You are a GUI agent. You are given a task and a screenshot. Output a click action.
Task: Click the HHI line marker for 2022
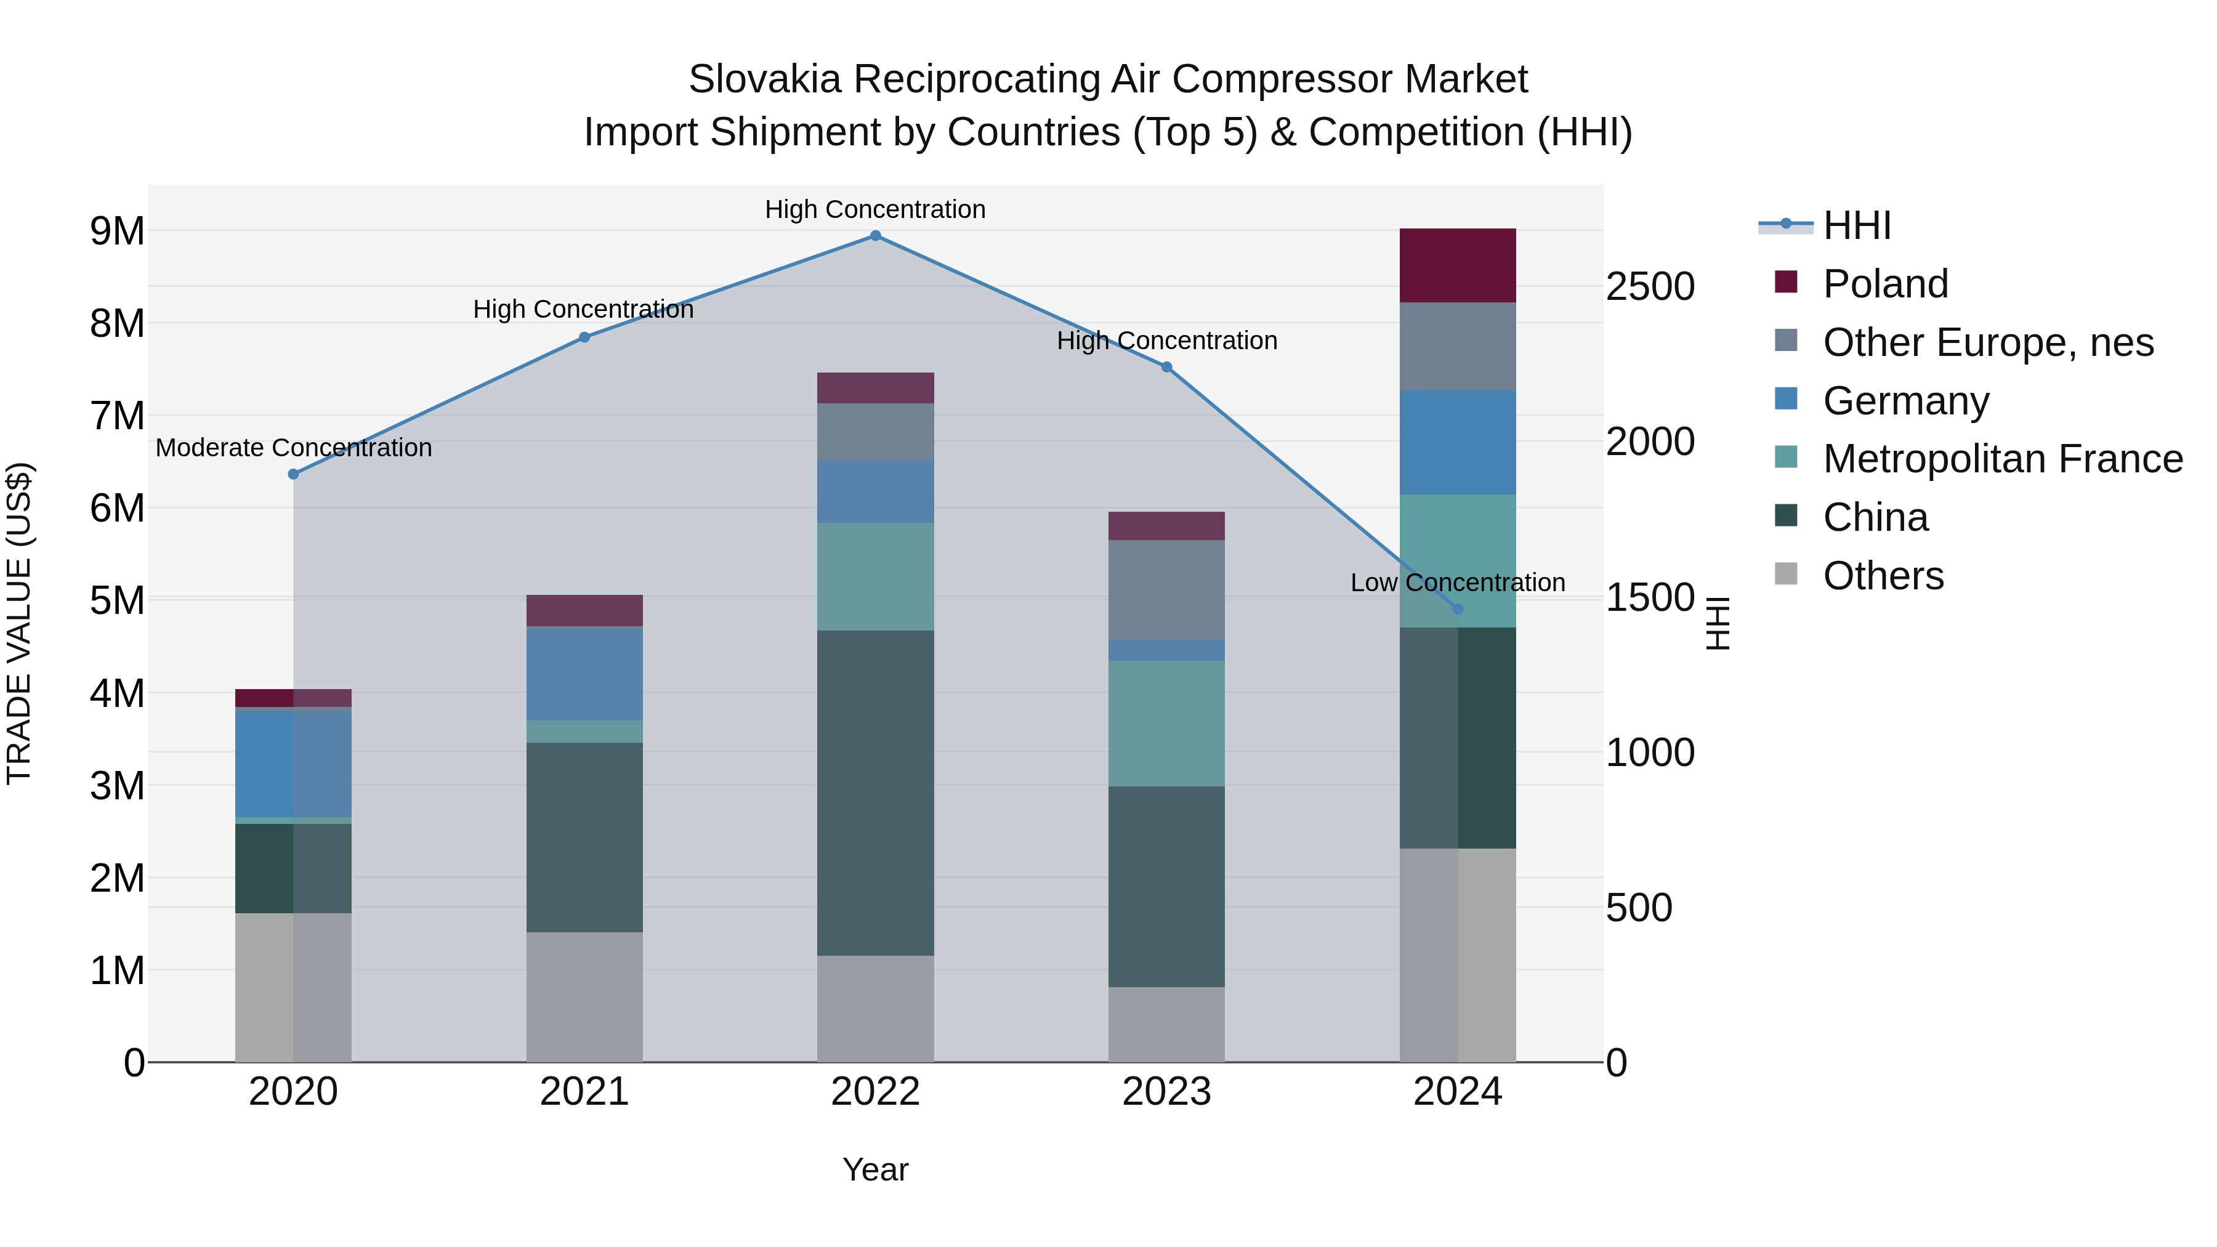coord(875,236)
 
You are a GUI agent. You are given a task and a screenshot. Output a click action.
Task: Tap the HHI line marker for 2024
coord(1457,609)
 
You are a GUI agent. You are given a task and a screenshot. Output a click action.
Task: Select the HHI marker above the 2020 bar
coord(294,474)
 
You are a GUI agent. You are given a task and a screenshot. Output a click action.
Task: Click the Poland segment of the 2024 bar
coord(1457,266)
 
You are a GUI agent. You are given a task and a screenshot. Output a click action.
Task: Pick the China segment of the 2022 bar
coord(875,793)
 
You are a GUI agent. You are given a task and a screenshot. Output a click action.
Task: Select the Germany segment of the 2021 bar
coord(584,674)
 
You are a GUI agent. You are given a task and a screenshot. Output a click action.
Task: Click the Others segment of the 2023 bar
coord(1166,1024)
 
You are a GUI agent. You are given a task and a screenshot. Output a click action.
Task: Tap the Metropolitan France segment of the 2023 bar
coord(1166,723)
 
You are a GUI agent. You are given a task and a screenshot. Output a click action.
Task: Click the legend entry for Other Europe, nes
coord(1988,342)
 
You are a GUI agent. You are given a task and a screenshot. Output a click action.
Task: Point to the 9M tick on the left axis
coord(117,231)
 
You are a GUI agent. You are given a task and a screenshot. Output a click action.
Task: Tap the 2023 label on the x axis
coord(1166,1092)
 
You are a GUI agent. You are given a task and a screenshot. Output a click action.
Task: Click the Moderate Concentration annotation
coord(294,448)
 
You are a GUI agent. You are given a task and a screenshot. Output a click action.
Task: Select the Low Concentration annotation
coord(1457,583)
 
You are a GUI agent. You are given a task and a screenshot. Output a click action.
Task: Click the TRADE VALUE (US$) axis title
coord(19,623)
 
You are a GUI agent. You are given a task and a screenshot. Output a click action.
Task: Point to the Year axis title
coord(875,1169)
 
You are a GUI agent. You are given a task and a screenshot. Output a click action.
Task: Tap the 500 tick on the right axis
coord(1639,908)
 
